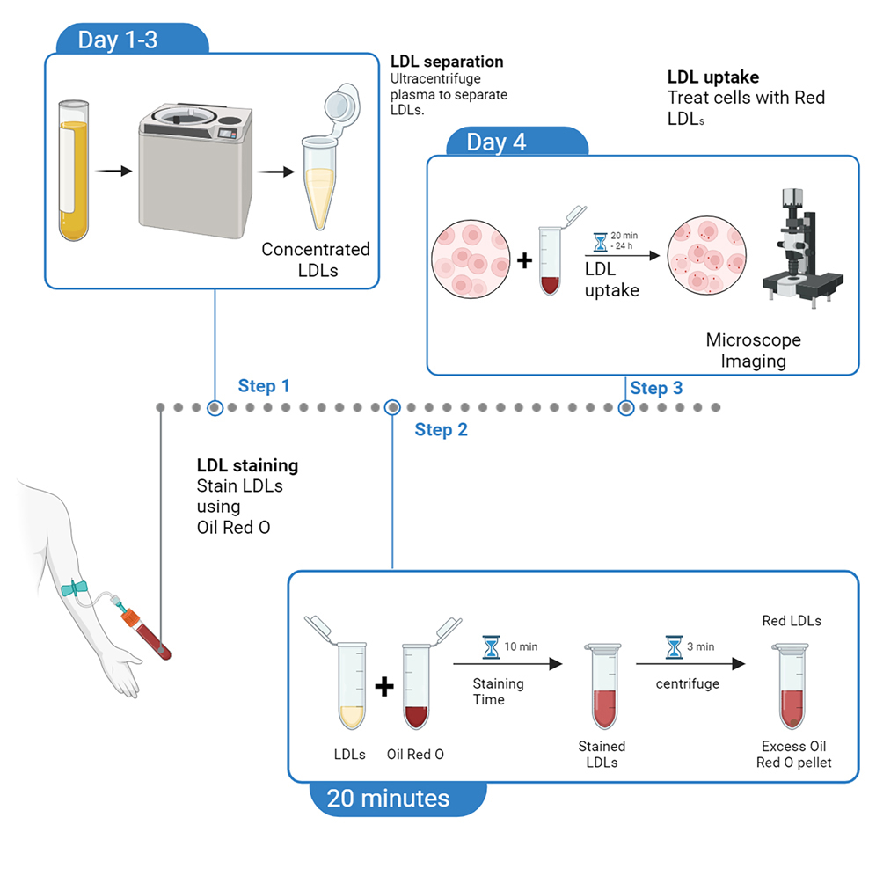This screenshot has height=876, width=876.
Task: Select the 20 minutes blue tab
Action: pyautogui.click(x=388, y=798)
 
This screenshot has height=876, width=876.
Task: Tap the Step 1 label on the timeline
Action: pyautogui.click(x=263, y=386)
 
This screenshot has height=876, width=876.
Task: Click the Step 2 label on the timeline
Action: pyautogui.click(x=441, y=430)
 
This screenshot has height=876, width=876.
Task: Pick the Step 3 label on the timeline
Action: pyautogui.click(x=656, y=388)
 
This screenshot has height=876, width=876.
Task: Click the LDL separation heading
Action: pyautogui.click(x=447, y=62)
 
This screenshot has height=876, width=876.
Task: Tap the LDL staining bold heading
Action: pyautogui.click(x=247, y=465)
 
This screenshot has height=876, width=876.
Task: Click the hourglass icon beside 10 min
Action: pyautogui.click(x=490, y=647)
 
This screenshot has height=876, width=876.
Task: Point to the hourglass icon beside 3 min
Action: pyautogui.click(x=674, y=647)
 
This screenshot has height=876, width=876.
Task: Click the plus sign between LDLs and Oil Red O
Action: pyautogui.click(x=383, y=686)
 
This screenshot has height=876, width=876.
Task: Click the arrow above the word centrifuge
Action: pyautogui.click(x=691, y=665)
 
